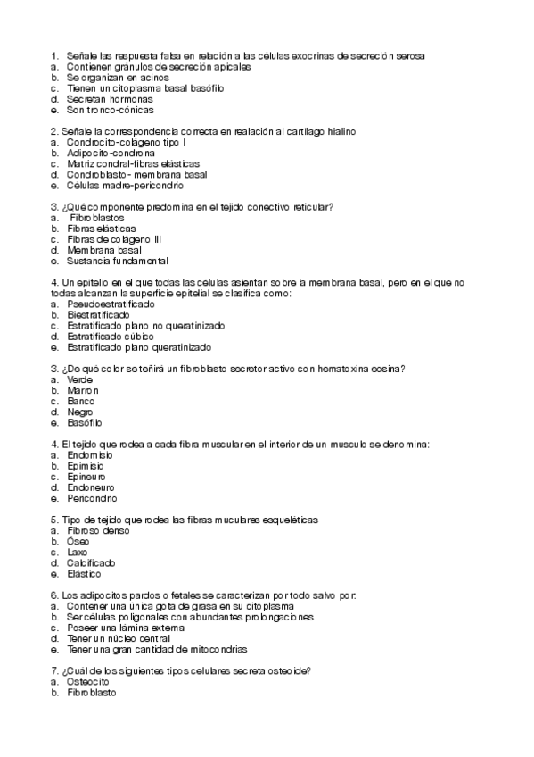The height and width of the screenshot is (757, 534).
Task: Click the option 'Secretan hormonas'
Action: tap(103, 99)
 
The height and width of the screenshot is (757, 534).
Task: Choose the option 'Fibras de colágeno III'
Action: tap(113, 239)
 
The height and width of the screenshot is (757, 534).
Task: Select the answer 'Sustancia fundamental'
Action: tap(117, 261)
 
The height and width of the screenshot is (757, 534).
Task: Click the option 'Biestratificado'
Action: tap(98, 315)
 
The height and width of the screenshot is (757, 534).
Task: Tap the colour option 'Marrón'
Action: tap(82, 391)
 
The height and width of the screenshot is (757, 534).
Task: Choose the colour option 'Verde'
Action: tap(79, 380)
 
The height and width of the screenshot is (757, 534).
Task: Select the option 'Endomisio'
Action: tap(90, 455)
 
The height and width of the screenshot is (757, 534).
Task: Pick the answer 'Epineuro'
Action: tap(86, 477)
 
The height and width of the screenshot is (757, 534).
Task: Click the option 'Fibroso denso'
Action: tap(97, 531)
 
